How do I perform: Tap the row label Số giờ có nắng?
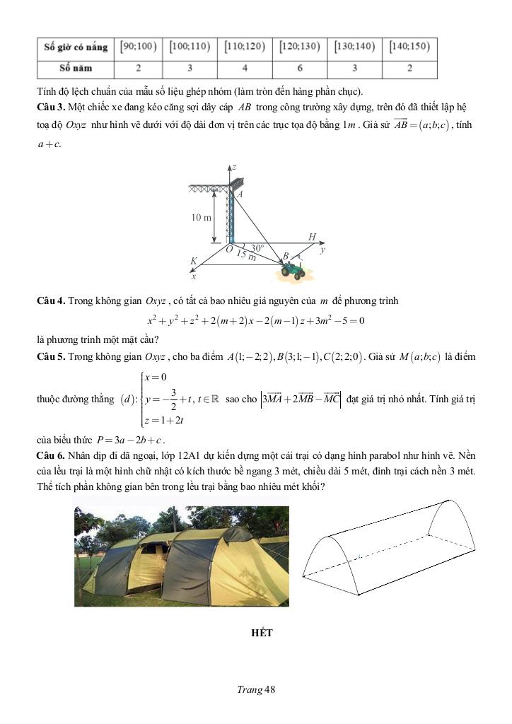(76, 47)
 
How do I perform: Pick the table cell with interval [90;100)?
(138, 47)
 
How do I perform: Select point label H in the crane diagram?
(312, 237)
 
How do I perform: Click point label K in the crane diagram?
(193, 261)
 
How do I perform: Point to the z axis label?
(234, 166)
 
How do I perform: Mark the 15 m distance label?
(246, 256)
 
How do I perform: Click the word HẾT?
(262, 633)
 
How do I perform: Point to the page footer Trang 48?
(255, 690)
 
